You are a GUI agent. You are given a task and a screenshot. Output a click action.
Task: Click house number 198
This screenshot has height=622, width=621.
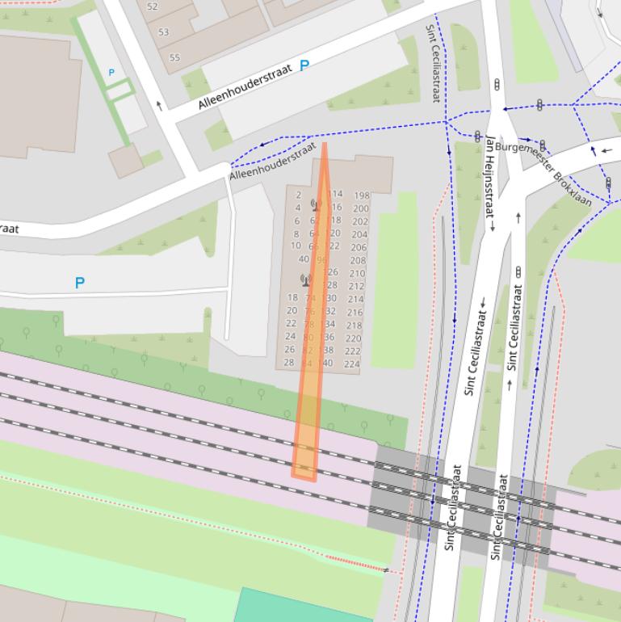click(361, 195)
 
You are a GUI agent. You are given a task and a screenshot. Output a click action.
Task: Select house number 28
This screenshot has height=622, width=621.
click(289, 363)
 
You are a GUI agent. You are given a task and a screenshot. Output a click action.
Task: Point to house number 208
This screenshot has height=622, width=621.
click(358, 261)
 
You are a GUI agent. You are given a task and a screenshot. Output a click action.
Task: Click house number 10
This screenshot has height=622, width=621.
click(296, 246)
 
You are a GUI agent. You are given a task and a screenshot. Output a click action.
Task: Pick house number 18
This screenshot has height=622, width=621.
click(292, 297)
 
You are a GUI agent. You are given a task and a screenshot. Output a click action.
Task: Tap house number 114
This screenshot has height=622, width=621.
click(335, 194)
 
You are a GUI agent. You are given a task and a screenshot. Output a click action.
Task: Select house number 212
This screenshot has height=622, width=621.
click(356, 286)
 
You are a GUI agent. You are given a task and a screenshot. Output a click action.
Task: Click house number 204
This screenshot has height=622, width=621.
click(359, 234)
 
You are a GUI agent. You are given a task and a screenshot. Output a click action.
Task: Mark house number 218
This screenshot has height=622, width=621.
click(354, 326)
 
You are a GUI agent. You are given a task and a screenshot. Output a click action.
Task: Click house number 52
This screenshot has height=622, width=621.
click(153, 6)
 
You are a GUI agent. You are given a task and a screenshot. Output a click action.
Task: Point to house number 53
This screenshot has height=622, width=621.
click(164, 32)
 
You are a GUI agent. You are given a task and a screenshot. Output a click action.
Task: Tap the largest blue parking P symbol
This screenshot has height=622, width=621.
click(79, 284)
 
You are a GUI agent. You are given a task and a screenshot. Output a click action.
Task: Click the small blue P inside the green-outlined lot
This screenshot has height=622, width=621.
click(111, 73)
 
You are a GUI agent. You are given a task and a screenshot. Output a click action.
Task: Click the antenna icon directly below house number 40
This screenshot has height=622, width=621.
click(305, 280)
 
